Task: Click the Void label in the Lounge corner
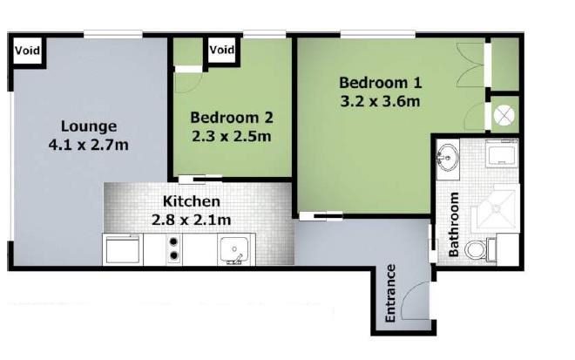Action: tap(27, 50)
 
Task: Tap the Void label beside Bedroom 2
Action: tap(222, 49)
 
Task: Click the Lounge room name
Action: tap(89, 126)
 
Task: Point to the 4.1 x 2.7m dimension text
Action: tap(89, 145)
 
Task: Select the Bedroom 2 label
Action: tap(232, 118)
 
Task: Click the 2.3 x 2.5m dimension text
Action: tap(232, 137)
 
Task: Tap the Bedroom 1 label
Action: tap(381, 83)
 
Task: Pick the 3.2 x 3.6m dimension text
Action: tap(380, 101)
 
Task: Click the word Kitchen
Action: tap(192, 201)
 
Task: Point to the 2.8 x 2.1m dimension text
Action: tap(192, 220)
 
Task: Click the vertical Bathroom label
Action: tap(454, 224)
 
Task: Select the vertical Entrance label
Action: tap(390, 293)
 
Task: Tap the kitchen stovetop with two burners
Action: tap(174, 248)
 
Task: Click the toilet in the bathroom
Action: tap(480, 249)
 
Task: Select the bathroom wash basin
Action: tap(448, 158)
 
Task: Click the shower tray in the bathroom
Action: tap(496, 208)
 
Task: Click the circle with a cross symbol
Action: tap(504, 116)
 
